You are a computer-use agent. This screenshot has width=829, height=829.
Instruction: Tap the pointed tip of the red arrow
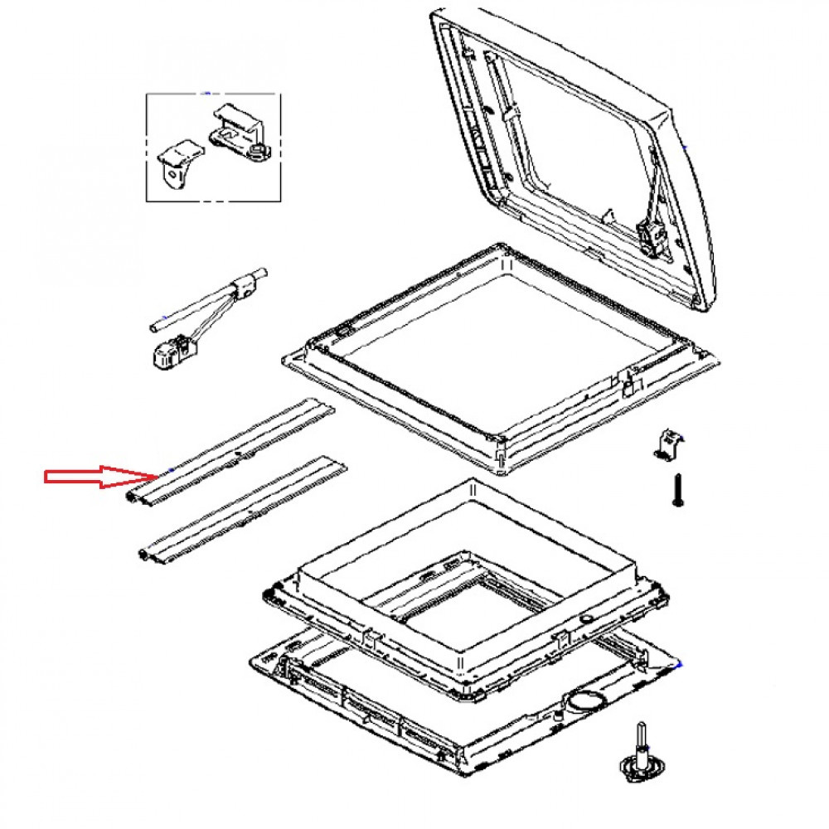pyautogui.click(x=155, y=477)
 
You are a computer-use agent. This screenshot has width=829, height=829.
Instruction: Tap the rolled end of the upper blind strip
pyautogui.click(x=135, y=497)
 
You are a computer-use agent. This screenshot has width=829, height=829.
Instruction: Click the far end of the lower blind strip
pyautogui.click(x=340, y=462)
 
